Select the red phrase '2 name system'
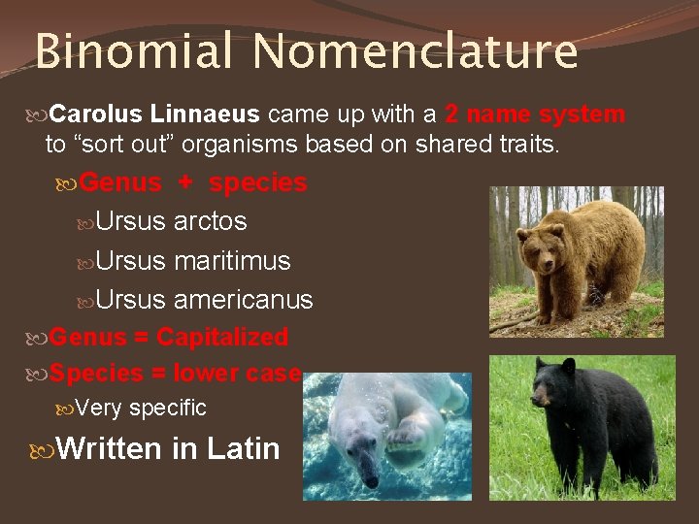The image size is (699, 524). [x=535, y=115]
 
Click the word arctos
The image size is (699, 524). [x=210, y=221]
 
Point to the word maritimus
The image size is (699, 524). [x=232, y=261]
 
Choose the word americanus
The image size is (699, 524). [x=243, y=300]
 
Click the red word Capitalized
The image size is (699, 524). [x=222, y=337]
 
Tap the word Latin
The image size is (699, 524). [x=243, y=448]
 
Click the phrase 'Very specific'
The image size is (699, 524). [x=141, y=409]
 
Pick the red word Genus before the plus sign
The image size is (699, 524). [x=120, y=182]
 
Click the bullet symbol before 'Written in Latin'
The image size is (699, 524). [x=42, y=448]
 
